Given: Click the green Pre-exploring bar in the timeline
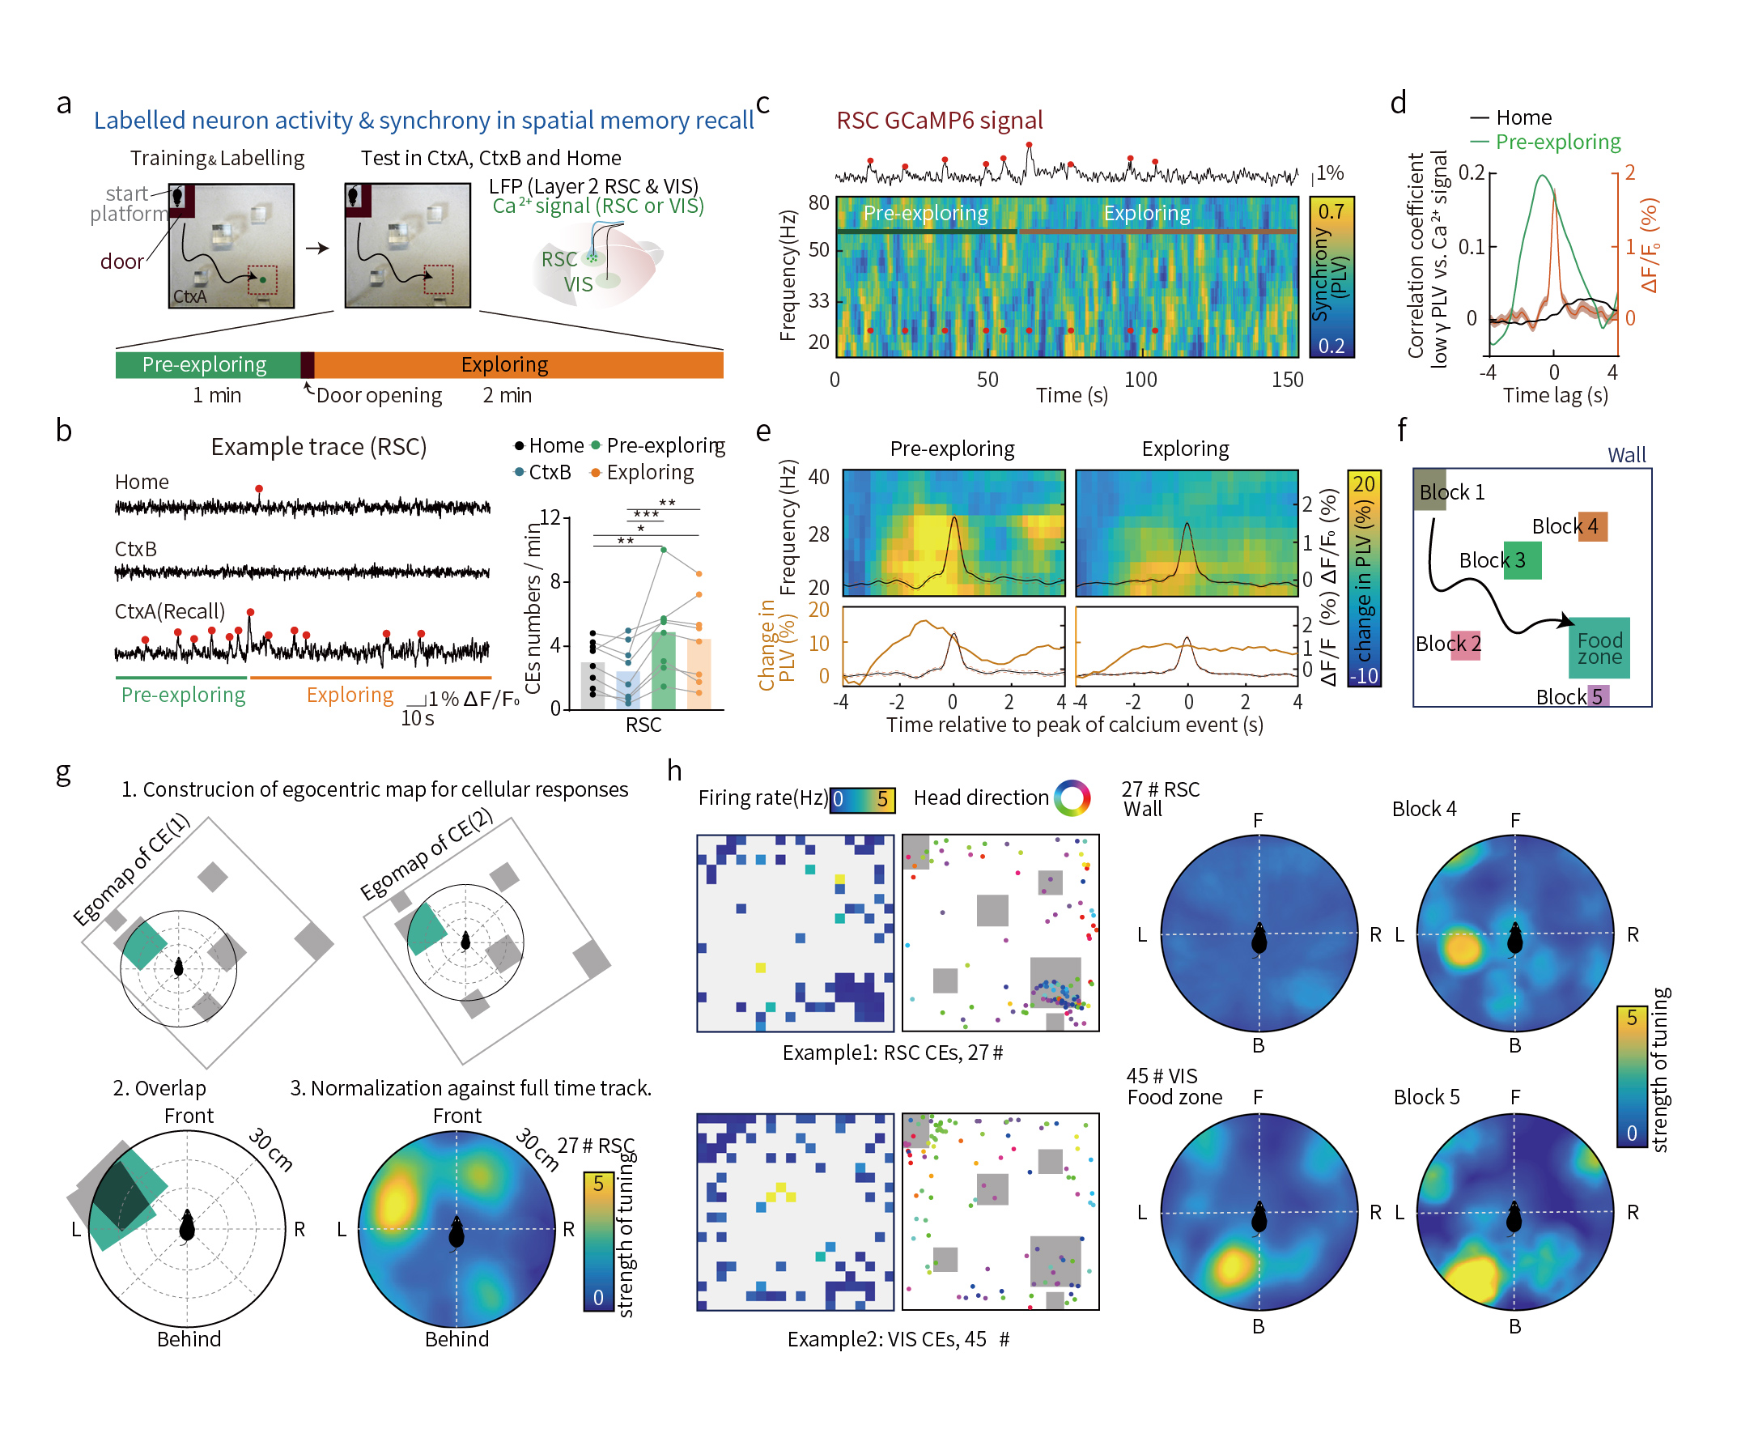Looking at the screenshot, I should coord(206,365).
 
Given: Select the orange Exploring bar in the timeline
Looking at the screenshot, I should coord(516,365).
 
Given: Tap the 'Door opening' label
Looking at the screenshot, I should coord(379,396).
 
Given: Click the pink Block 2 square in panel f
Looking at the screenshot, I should coord(1465,644).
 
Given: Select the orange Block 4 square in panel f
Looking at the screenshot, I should coord(1591,526).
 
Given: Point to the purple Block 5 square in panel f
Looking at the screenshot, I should coord(1597,695).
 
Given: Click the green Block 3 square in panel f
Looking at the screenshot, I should coord(1522,559).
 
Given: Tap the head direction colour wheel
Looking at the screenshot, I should coord(1072,798).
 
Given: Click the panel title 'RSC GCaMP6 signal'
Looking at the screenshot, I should coord(939,121).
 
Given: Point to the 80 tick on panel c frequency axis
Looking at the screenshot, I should coord(818,202).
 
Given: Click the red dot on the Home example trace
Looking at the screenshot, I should coord(259,488).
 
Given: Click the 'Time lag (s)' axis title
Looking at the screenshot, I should coord(1554,396).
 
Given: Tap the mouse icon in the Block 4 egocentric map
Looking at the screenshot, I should coord(1514,938).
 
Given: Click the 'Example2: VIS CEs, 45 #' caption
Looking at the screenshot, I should coord(898,1338).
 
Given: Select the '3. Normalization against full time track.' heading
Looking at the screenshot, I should coord(470,1088).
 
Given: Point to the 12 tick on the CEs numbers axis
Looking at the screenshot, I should coord(550,518).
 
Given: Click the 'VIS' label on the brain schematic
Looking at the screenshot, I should coord(578,285).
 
